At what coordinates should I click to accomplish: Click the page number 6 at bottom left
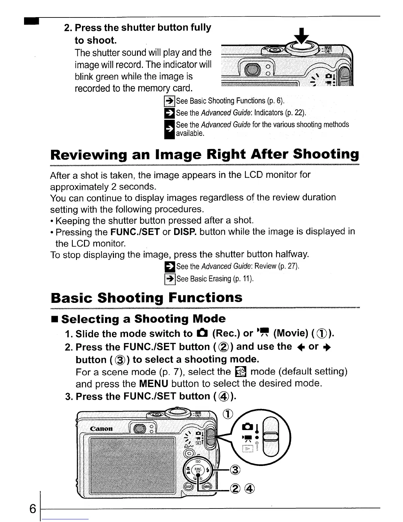(32, 509)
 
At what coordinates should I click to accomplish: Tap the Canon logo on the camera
(101, 429)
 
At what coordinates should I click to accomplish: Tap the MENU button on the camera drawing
(207, 487)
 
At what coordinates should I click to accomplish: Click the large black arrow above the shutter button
(302, 36)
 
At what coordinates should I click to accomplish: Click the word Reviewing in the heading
(89, 155)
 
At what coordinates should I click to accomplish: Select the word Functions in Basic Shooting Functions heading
(205, 298)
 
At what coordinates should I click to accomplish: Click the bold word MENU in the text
(154, 384)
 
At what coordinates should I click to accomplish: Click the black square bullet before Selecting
(55, 319)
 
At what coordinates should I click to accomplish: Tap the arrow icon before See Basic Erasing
(170, 279)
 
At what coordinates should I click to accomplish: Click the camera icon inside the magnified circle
(248, 427)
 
